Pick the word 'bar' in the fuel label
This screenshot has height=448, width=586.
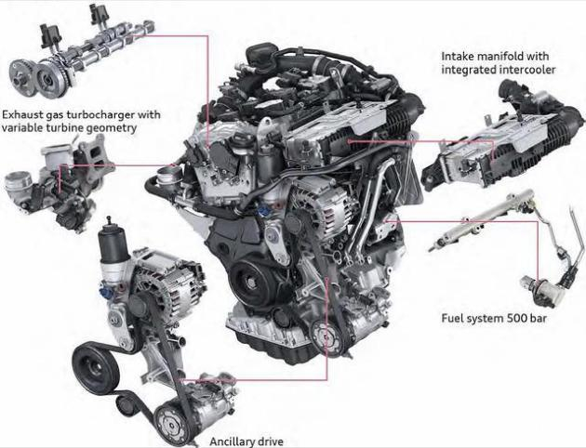539,318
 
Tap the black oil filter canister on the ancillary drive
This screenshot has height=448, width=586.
110,237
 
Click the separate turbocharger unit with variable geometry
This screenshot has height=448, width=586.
60,183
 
